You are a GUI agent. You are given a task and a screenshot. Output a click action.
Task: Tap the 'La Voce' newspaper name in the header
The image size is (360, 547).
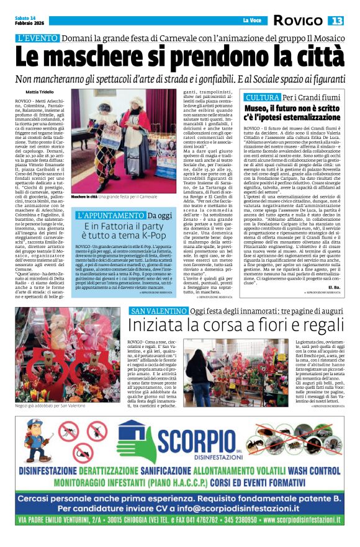tap(252, 21)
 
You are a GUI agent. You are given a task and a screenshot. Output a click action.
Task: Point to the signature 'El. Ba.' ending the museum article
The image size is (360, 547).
tap(334, 288)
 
